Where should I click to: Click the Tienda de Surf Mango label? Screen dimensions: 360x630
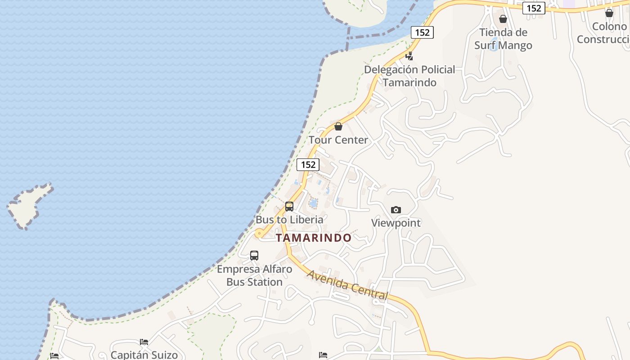(503, 39)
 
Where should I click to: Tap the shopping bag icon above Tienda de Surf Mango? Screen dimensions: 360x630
(503, 19)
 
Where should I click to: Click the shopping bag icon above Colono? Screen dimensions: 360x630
(609, 13)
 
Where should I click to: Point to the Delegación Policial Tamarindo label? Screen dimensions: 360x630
(409, 76)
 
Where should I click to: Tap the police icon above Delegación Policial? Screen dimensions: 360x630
(409, 56)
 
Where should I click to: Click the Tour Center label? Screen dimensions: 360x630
(338, 140)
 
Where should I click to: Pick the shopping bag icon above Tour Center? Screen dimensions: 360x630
(338, 126)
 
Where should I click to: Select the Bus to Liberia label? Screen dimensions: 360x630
(289, 220)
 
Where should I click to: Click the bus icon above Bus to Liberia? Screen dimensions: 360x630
(289, 207)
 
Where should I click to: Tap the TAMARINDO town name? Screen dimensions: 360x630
(314, 238)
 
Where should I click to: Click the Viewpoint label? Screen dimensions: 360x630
(396, 223)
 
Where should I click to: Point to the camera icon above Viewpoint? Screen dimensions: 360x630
(396, 210)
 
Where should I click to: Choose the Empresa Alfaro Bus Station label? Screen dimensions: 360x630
(254, 275)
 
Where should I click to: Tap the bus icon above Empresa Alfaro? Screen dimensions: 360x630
(254, 256)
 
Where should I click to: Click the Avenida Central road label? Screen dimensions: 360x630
(347, 284)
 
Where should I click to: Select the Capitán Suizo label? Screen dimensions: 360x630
(144, 355)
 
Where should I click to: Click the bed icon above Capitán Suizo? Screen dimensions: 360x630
(144, 342)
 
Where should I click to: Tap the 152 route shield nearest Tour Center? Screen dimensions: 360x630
(308, 164)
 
